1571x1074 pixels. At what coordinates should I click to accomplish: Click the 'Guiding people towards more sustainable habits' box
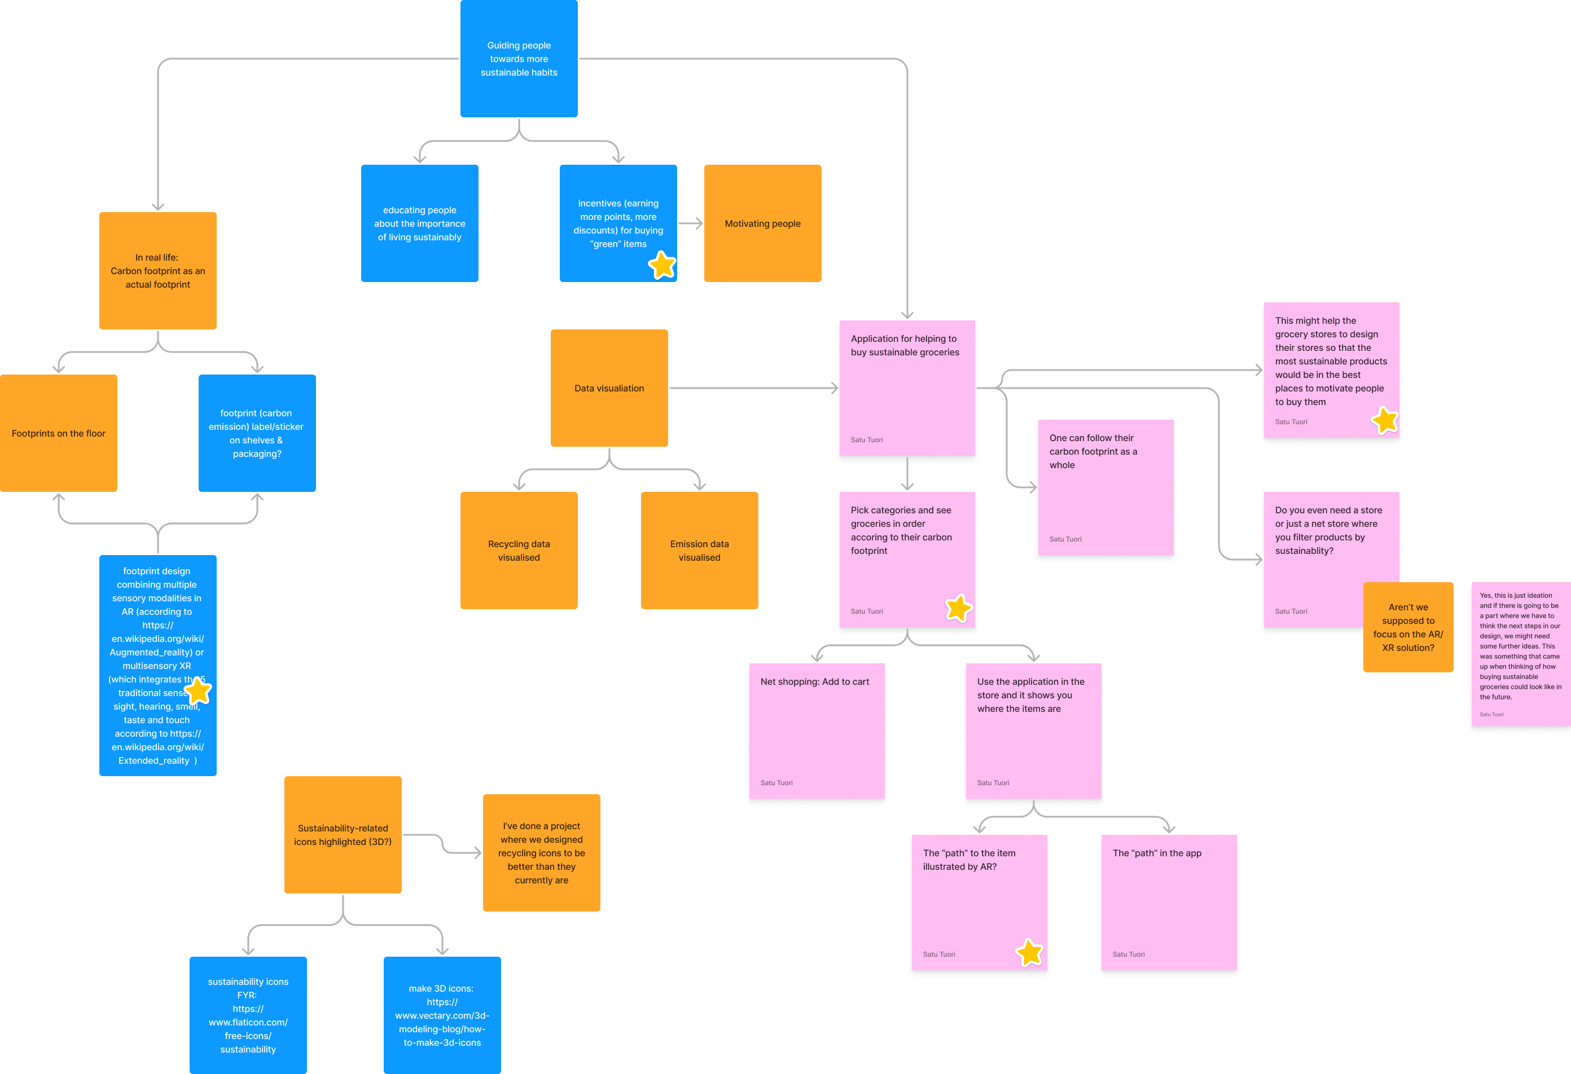pos(519,59)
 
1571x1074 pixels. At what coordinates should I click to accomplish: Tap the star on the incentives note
pos(662,265)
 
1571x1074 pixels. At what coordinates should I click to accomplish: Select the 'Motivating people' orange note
pos(762,224)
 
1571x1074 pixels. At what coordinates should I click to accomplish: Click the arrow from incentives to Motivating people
pos(690,224)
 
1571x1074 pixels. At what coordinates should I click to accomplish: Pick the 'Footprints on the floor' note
pos(58,433)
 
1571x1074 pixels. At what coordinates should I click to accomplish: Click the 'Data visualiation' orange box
pos(608,388)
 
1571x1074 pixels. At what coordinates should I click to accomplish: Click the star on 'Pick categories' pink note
pos(958,608)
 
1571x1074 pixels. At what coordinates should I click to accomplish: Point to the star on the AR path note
pos(1029,952)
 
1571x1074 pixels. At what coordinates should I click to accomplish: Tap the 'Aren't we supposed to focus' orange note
pos(1407,627)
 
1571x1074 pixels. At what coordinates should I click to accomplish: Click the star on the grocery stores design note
pos(1384,420)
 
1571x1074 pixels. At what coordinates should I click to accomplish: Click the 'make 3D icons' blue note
pos(442,1015)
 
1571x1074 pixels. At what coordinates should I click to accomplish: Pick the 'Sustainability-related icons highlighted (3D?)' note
pos(343,835)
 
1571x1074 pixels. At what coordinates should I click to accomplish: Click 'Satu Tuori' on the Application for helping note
pos(867,440)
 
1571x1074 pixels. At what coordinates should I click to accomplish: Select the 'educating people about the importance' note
pos(419,224)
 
